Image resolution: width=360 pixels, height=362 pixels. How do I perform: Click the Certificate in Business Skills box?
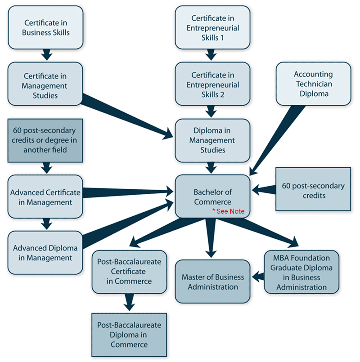45,27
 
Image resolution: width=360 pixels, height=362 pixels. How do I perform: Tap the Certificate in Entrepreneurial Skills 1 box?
213,27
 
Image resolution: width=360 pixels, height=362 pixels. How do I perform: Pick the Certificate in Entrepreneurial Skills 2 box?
213,85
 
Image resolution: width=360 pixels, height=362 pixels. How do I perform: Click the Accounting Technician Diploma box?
313,84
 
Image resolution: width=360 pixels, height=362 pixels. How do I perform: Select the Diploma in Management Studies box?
212,140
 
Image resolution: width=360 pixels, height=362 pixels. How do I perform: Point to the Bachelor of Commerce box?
212,196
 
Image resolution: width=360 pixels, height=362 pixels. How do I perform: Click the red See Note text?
228,211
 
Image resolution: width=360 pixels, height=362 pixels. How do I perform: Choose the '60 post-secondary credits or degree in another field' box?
45,140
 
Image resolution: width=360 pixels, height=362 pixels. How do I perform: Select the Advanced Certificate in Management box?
45,197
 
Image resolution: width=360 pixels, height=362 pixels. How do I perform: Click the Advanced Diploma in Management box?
45,253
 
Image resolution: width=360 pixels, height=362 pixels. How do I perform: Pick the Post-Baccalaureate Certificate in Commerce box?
129,272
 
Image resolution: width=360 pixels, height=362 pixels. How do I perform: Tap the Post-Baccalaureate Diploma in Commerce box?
129,335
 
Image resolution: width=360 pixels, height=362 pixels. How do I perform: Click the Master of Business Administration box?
212,282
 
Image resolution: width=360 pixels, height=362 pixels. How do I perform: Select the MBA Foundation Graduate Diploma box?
301,272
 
